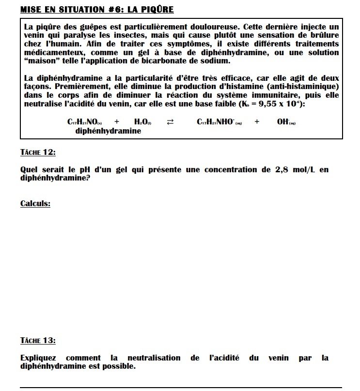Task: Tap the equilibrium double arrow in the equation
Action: point(170,122)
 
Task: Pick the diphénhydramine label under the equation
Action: point(109,131)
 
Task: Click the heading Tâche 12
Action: point(38,152)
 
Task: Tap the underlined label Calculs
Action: point(35,204)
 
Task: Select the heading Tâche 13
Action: point(38,341)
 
